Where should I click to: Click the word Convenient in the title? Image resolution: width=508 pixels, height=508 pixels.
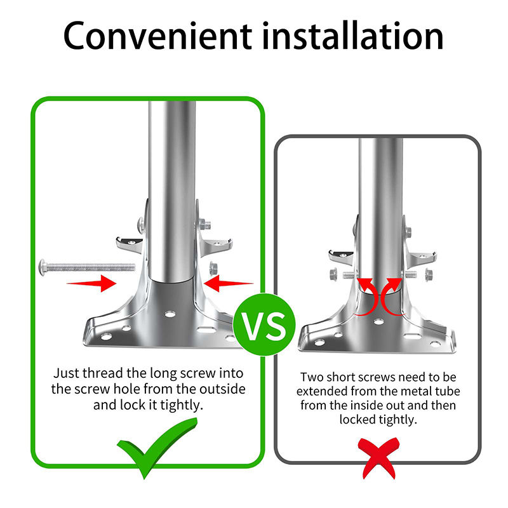coord(152,36)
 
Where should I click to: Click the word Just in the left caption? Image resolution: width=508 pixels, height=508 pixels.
coord(66,373)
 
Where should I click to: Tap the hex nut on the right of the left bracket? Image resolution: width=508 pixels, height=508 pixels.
coord(213,267)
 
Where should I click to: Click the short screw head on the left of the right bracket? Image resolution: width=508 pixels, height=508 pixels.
coord(333,275)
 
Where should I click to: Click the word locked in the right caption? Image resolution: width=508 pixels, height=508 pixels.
coord(358,419)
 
